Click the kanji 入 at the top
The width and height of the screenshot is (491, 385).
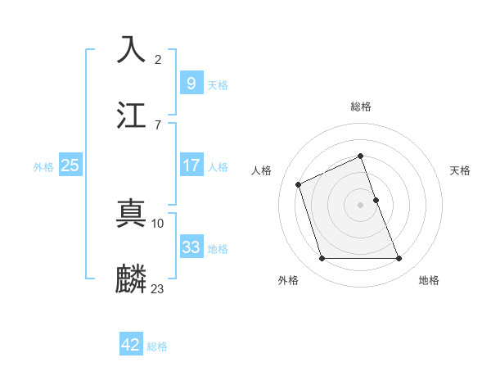pos(132,49)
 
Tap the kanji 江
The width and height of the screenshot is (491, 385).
pos(132,114)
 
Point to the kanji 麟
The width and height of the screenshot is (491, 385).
pos(132,279)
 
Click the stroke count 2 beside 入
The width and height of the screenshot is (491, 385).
pos(158,59)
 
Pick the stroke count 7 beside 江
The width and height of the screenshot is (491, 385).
pos(158,125)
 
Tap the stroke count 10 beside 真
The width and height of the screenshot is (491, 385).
pos(158,223)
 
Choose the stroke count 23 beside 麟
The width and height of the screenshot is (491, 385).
pos(158,288)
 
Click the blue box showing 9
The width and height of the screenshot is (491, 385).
pos(191,83)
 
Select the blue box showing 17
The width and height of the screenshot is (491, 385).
pos(191,165)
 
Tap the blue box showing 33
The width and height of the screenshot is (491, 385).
pos(191,247)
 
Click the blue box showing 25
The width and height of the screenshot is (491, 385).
pos(70,165)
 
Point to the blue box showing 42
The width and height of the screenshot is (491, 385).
pos(130,345)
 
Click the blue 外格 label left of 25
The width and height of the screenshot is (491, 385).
pos(43,167)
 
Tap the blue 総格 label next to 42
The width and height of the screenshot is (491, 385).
pos(157,346)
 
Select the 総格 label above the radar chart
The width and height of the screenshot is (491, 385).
pos(361,107)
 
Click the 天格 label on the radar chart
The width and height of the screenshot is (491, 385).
pos(461,170)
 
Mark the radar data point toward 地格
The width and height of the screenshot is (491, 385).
pos(399,258)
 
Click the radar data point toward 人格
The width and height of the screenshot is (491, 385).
pos(300,183)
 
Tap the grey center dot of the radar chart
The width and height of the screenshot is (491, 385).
pos(361,204)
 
